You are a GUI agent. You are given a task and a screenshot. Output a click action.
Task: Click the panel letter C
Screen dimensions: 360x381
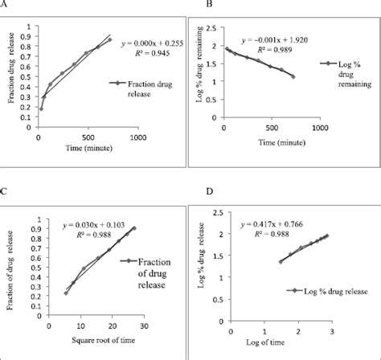6,192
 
